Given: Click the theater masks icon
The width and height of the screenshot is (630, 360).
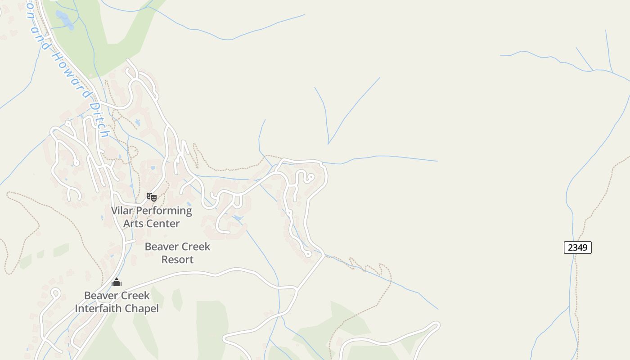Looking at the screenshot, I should pos(152,197).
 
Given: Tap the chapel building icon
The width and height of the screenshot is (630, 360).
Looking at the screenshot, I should pos(117,283).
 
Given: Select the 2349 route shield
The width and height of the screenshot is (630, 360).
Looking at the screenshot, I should pos(577,247).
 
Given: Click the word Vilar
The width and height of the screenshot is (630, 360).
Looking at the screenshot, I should pos(122,211).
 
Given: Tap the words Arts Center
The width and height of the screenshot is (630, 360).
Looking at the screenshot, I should pos(151,224).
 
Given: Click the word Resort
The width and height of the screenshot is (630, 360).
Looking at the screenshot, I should pos(177,260).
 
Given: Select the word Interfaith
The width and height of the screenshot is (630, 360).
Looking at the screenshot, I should pos(99,309).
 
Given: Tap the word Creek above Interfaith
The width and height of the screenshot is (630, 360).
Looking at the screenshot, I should pos(134,296).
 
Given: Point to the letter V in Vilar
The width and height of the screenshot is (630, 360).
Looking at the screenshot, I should pos(114,211).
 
